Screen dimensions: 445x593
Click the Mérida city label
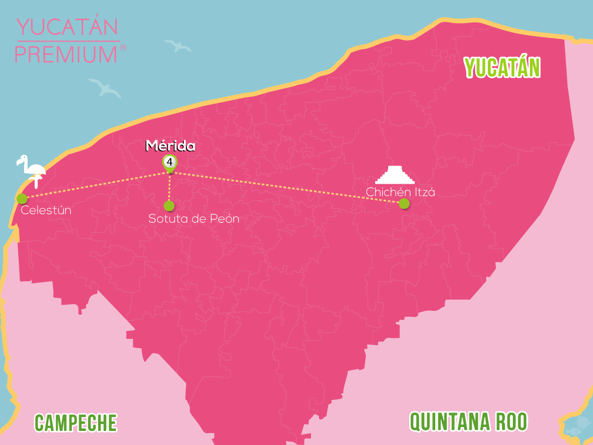pyautogui.click(x=170, y=146)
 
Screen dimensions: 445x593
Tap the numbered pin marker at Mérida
pyautogui.click(x=170, y=163)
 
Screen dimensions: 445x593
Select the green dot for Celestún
pyautogui.click(x=22, y=199)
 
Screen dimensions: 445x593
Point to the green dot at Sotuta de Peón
pyautogui.click(x=169, y=206)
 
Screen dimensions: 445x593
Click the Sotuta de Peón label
pyautogui.click(x=194, y=219)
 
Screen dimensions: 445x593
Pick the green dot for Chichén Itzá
pyautogui.click(x=404, y=203)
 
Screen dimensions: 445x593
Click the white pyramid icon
pyautogui.click(x=396, y=175)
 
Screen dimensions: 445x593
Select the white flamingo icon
pyautogui.click(x=31, y=169)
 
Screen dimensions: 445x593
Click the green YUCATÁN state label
pyautogui.click(x=502, y=68)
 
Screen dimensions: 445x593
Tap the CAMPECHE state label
pyautogui.click(x=76, y=423)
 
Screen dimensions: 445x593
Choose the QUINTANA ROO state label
pyautogui.click(x=468, y=422)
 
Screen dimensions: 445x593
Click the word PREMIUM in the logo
pyautogui.click(x=66, y=54)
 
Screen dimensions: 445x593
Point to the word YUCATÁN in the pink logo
pyautogui.click(x=68, y=28)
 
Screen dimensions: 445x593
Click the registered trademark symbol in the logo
pyautogui.click(x=123, y=48)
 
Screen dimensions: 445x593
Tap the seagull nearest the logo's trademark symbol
pyautogui.click(x=178, y=46)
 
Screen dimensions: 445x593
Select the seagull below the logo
pyautogui.click(x=105, y=88)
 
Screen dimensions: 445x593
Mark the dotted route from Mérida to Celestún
pyautogui.click(x=95, y=185)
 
